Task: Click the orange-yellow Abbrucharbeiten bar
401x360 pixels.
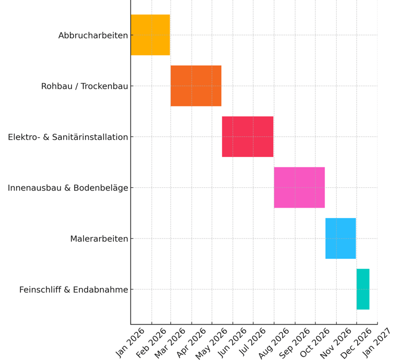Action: coord(150,35)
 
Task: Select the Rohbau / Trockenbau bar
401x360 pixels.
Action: coord(196,86)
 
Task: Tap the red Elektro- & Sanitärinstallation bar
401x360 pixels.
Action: coord(247,137)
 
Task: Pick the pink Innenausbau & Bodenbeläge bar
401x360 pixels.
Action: coord(299,187)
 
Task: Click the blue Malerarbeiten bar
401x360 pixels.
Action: coord(340,238)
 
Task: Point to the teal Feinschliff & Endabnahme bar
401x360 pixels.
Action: coord(363,289)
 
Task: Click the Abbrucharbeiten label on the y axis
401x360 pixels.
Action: coord(93,35)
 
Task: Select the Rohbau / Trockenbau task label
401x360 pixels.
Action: coord(85,86)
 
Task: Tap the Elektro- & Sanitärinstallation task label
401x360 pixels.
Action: coord(68,137)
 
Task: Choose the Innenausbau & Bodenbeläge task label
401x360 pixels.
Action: coord(68,188)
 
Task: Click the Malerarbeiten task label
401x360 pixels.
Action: coord(99,239)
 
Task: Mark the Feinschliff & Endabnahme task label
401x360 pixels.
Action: coord(74,290)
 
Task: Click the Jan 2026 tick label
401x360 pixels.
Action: coord(131,342)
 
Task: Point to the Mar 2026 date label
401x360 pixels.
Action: coord(171,342)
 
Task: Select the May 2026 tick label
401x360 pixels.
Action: coord(212,342)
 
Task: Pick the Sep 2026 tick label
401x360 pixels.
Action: coord(295,342)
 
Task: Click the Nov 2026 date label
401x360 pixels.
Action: coord(336,342)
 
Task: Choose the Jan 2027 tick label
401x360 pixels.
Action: coord(377,342)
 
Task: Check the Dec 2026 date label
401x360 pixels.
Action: coord(357,342)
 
